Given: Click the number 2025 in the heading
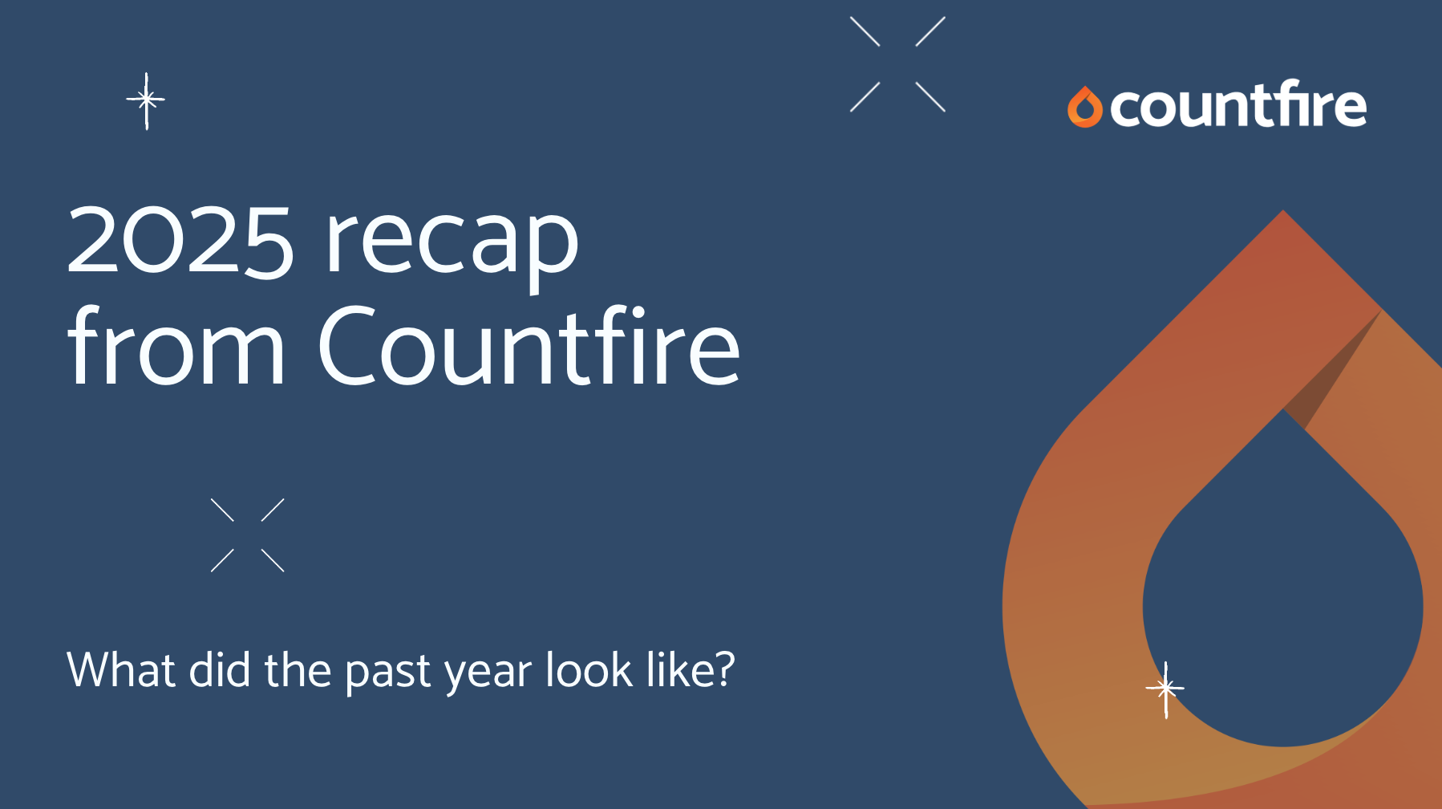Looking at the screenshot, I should pos(180,241).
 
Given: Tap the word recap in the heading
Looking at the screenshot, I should pos(451,241).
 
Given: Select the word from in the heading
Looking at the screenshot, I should pos(176,347).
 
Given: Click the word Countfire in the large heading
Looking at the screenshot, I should pos(529,347).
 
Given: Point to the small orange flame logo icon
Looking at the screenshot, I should pos(1084,108).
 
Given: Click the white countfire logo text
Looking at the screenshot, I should pos(1238,105).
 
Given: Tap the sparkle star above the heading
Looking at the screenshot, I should pos(146,100).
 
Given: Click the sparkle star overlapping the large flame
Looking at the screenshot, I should pos(1165,689).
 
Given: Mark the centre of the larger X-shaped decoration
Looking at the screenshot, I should pos(897,64).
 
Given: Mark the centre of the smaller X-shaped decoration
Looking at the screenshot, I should pos(247,535).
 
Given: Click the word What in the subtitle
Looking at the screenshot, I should pos(121,669).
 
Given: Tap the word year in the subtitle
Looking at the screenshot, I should pos(488,671).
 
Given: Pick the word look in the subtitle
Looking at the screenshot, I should pos(589,669).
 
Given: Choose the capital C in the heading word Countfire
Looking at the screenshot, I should pos(346,347).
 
